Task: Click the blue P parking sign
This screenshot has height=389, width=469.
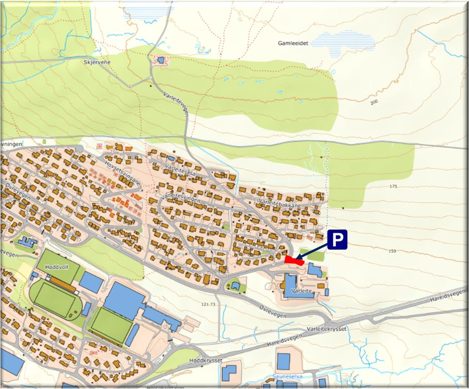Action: (337, 240)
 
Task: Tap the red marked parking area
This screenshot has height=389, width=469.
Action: (294, 261)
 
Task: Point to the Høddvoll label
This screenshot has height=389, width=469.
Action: (56, 267)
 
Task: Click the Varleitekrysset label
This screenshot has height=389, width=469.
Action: (326, 328)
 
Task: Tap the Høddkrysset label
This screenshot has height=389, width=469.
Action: (205, 360)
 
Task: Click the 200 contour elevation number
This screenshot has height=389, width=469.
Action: (374, 102)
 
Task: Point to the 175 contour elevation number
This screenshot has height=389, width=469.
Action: (394, 187)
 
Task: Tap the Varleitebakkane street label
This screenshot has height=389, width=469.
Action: (279, 203)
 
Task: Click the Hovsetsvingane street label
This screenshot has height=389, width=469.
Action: (122, 171)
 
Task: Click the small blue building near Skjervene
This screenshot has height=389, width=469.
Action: (160, 60)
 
